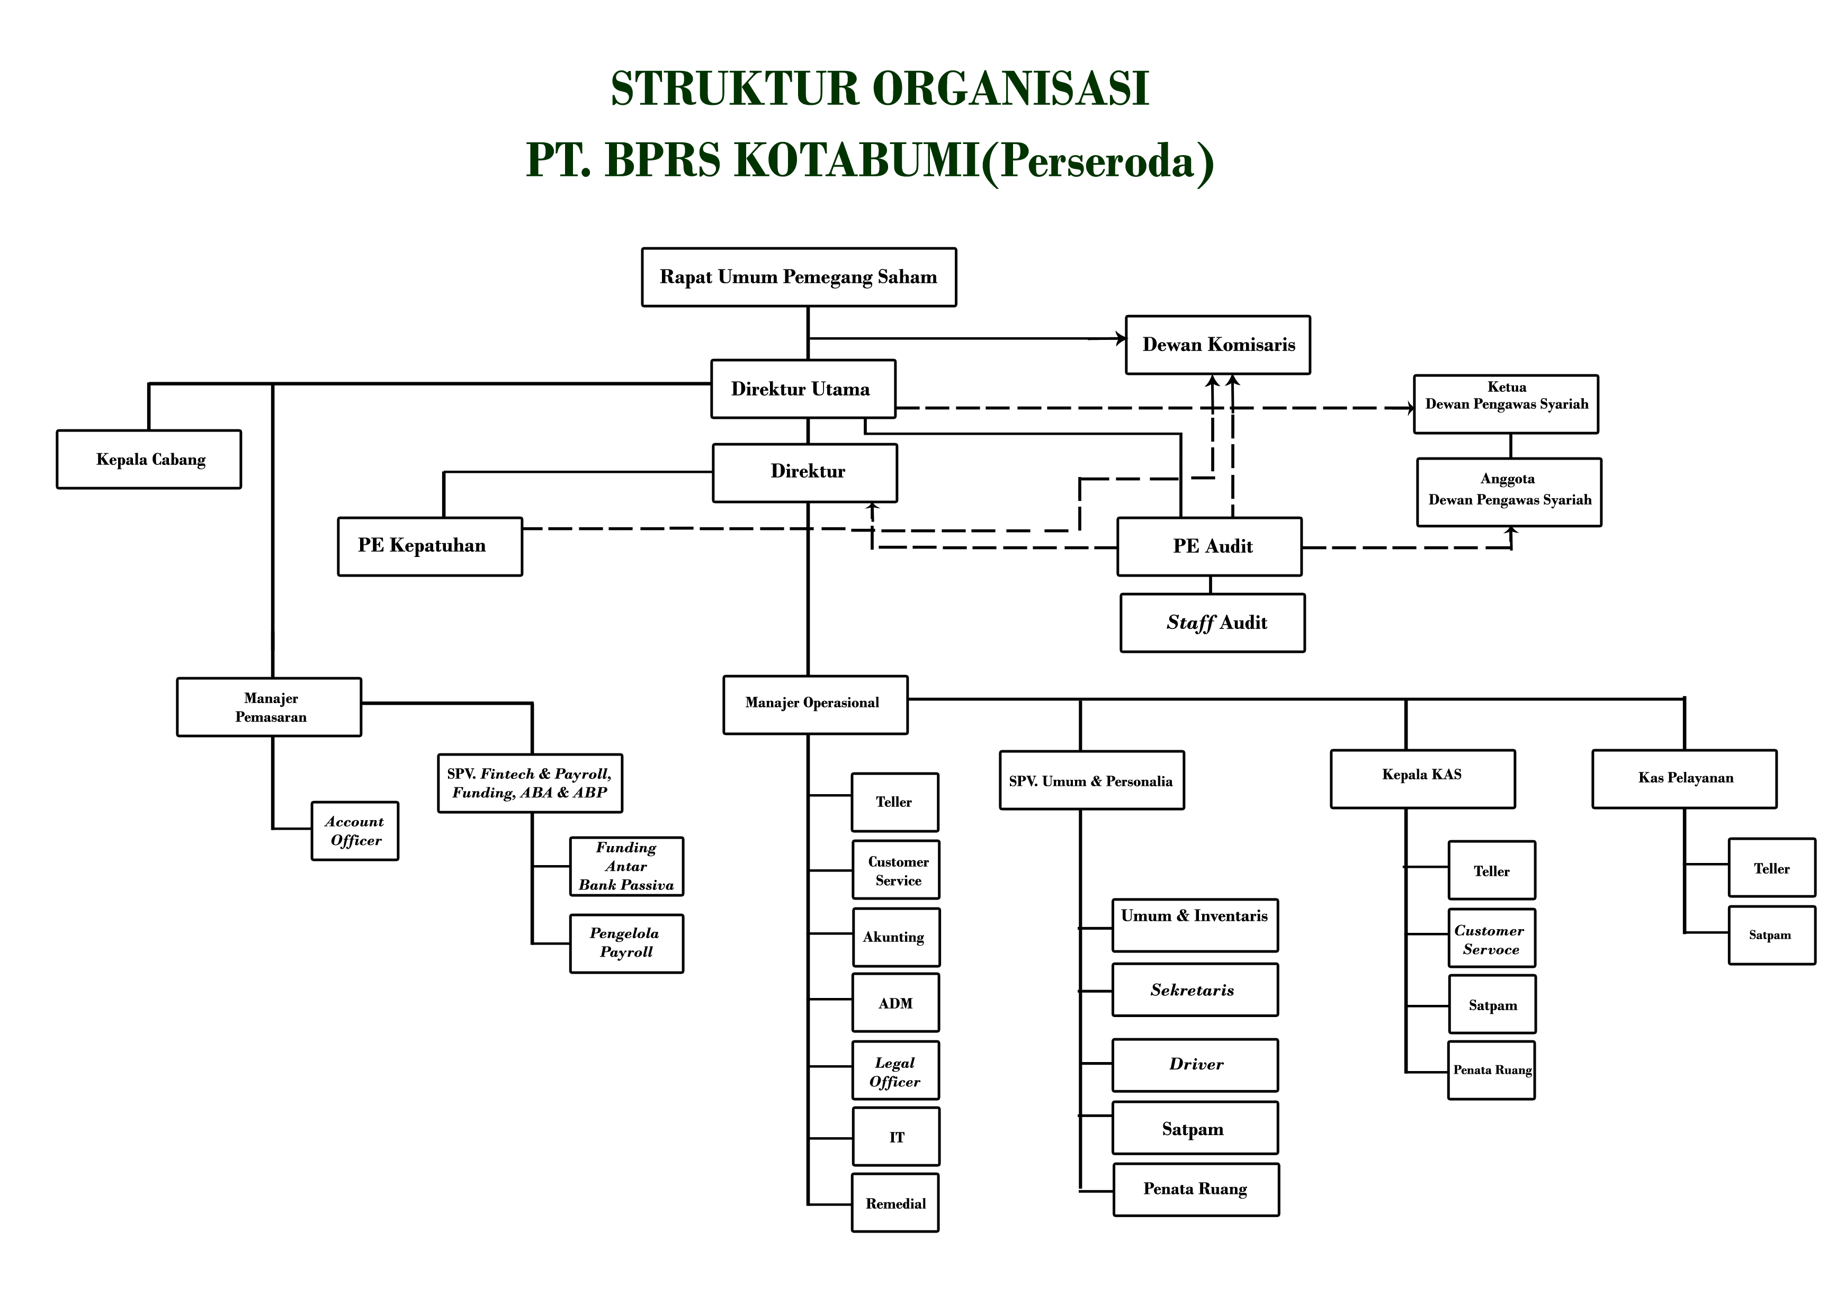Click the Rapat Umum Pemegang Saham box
[798, 277]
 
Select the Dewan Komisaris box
[1217, 345]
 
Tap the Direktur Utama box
[803, 389]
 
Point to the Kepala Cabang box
[149, 459]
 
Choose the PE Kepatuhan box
[429, 546]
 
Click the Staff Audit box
[1212, 623]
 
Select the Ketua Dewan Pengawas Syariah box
[1506, 404]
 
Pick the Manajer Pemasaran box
[269, 707]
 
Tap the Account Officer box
[355, 831]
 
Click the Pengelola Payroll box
[626, 943]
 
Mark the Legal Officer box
[895, 1071]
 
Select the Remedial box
[895, 1203]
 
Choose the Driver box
[1194, 1065]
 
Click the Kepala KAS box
[1422, 779]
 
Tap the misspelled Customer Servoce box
[1491, 939]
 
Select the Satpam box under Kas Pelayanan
[1771, 936]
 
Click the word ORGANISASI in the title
[1010, 89]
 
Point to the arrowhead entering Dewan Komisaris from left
[1121, 339]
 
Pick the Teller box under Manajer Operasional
[894, 802]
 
